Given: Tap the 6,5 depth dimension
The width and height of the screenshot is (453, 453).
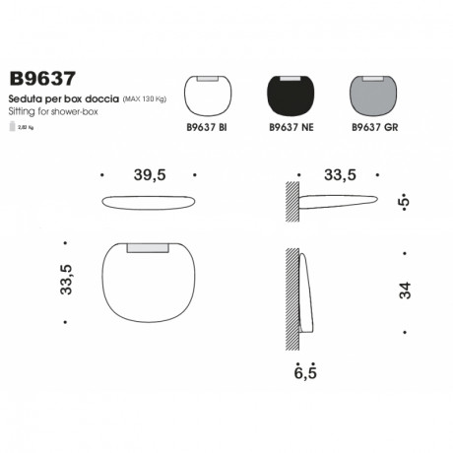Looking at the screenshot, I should tap(305, 371).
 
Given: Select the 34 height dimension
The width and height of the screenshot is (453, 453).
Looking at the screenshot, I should tap(404, 291).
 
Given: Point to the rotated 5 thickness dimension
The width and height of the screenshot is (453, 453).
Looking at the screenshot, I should tap(404, 201).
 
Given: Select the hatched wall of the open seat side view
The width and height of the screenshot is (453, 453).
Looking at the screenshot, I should tap(292, 201).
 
